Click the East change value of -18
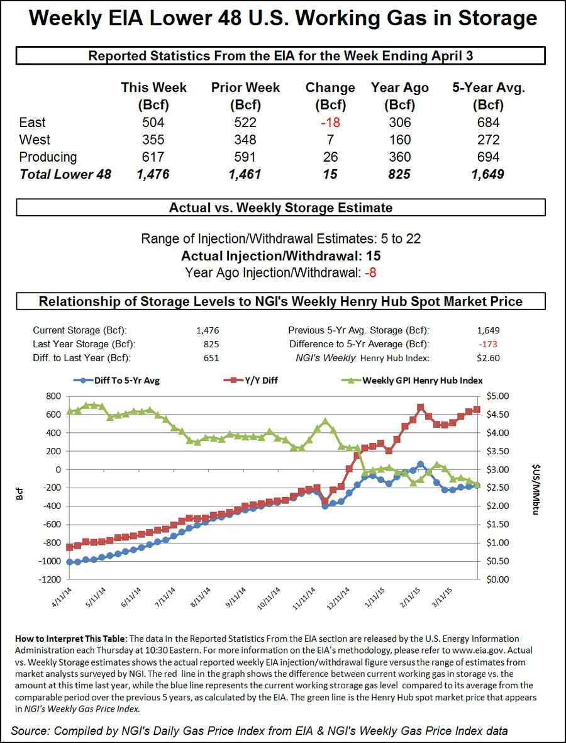330,122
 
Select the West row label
35,140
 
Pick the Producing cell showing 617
153,157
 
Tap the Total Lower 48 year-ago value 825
399,174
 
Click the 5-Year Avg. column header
488,95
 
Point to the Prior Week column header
245,95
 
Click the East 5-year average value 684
488,122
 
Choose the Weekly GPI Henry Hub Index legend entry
422,380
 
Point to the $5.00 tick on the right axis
500,396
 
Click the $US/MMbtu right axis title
535,487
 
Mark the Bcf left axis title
20,488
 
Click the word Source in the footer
30,730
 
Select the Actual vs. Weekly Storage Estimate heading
280,208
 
